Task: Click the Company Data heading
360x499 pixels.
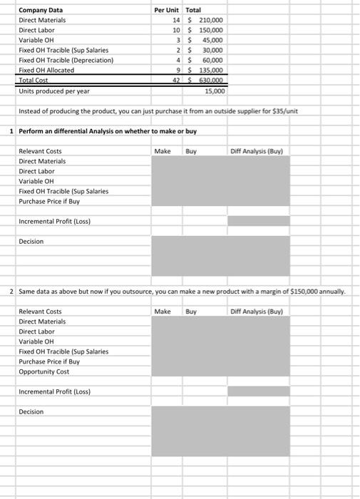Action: [40, 10]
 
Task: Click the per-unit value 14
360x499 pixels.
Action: [175, 20]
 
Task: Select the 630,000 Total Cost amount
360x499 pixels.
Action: [212, 81]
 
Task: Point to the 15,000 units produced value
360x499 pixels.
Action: [215, 91]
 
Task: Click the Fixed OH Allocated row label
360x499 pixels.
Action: [46, 71]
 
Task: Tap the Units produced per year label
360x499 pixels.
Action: [53, 91]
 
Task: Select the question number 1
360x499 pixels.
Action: [13, 131]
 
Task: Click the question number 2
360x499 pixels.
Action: [13, 292]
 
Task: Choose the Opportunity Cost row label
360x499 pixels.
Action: [43, 371]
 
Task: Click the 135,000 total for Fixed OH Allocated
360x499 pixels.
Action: [212, 71]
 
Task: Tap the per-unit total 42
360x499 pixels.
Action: [175, 81]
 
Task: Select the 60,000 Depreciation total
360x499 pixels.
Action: [214, 61]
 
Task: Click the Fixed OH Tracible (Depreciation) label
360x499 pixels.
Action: [66, 61]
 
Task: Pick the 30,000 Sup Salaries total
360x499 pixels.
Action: [214, 51]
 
